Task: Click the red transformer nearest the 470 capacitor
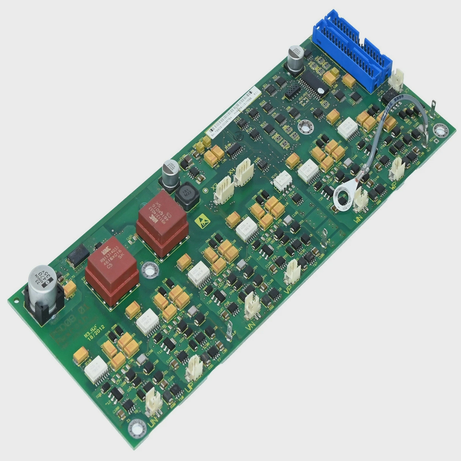[112, 272]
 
